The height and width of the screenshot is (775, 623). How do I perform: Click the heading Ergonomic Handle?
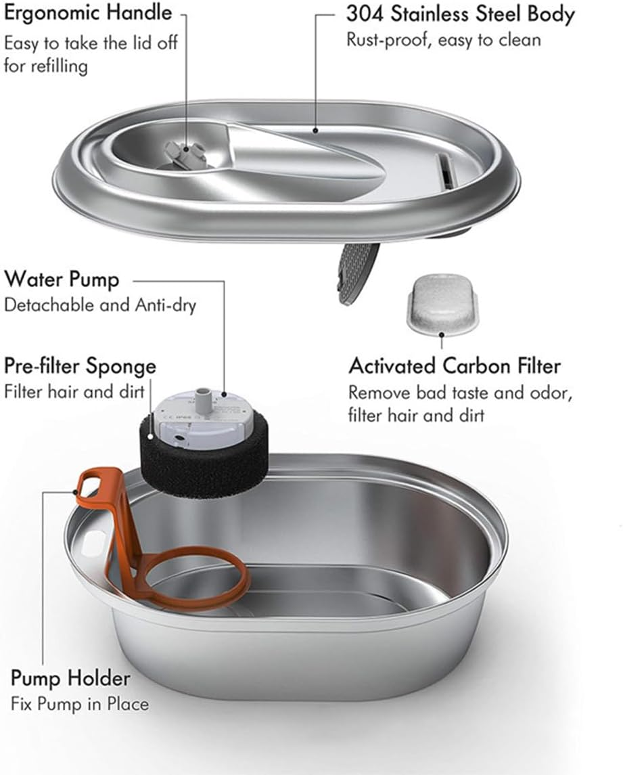[x=88, y=13]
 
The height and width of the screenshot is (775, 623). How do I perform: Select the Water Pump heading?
[x=62, y=279]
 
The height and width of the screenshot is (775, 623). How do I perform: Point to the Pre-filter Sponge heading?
[x=80, y=366]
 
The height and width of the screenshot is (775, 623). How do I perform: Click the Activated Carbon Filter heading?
[x=455, y=366]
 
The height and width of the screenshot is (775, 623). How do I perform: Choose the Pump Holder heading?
[x=70, y=678]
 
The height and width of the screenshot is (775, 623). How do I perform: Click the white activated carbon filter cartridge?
[x=440, y=303]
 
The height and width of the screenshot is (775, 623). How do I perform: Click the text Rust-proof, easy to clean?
[x=443, y=40]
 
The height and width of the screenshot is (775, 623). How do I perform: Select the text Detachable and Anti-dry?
[x=99, y=305]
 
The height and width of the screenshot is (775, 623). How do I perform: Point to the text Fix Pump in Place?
[x=79, y=704]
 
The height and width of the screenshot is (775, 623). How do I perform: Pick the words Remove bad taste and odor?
[x=460, y=392]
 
